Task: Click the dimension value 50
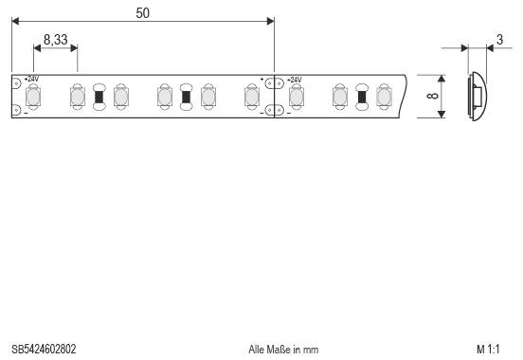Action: [x=142, y=13]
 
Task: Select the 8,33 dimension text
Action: [x=56, y=40]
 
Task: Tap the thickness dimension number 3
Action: [x=498, y=40]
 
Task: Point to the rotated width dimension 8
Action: [x=431, y=96]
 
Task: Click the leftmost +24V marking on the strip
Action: [x=31, y=79]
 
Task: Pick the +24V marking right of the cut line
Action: [x=294, y=79]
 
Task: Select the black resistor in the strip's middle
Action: [x=186, y=96]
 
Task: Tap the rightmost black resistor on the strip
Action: [x=361, y=96]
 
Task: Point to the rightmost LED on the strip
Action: [x=383, y=96]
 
